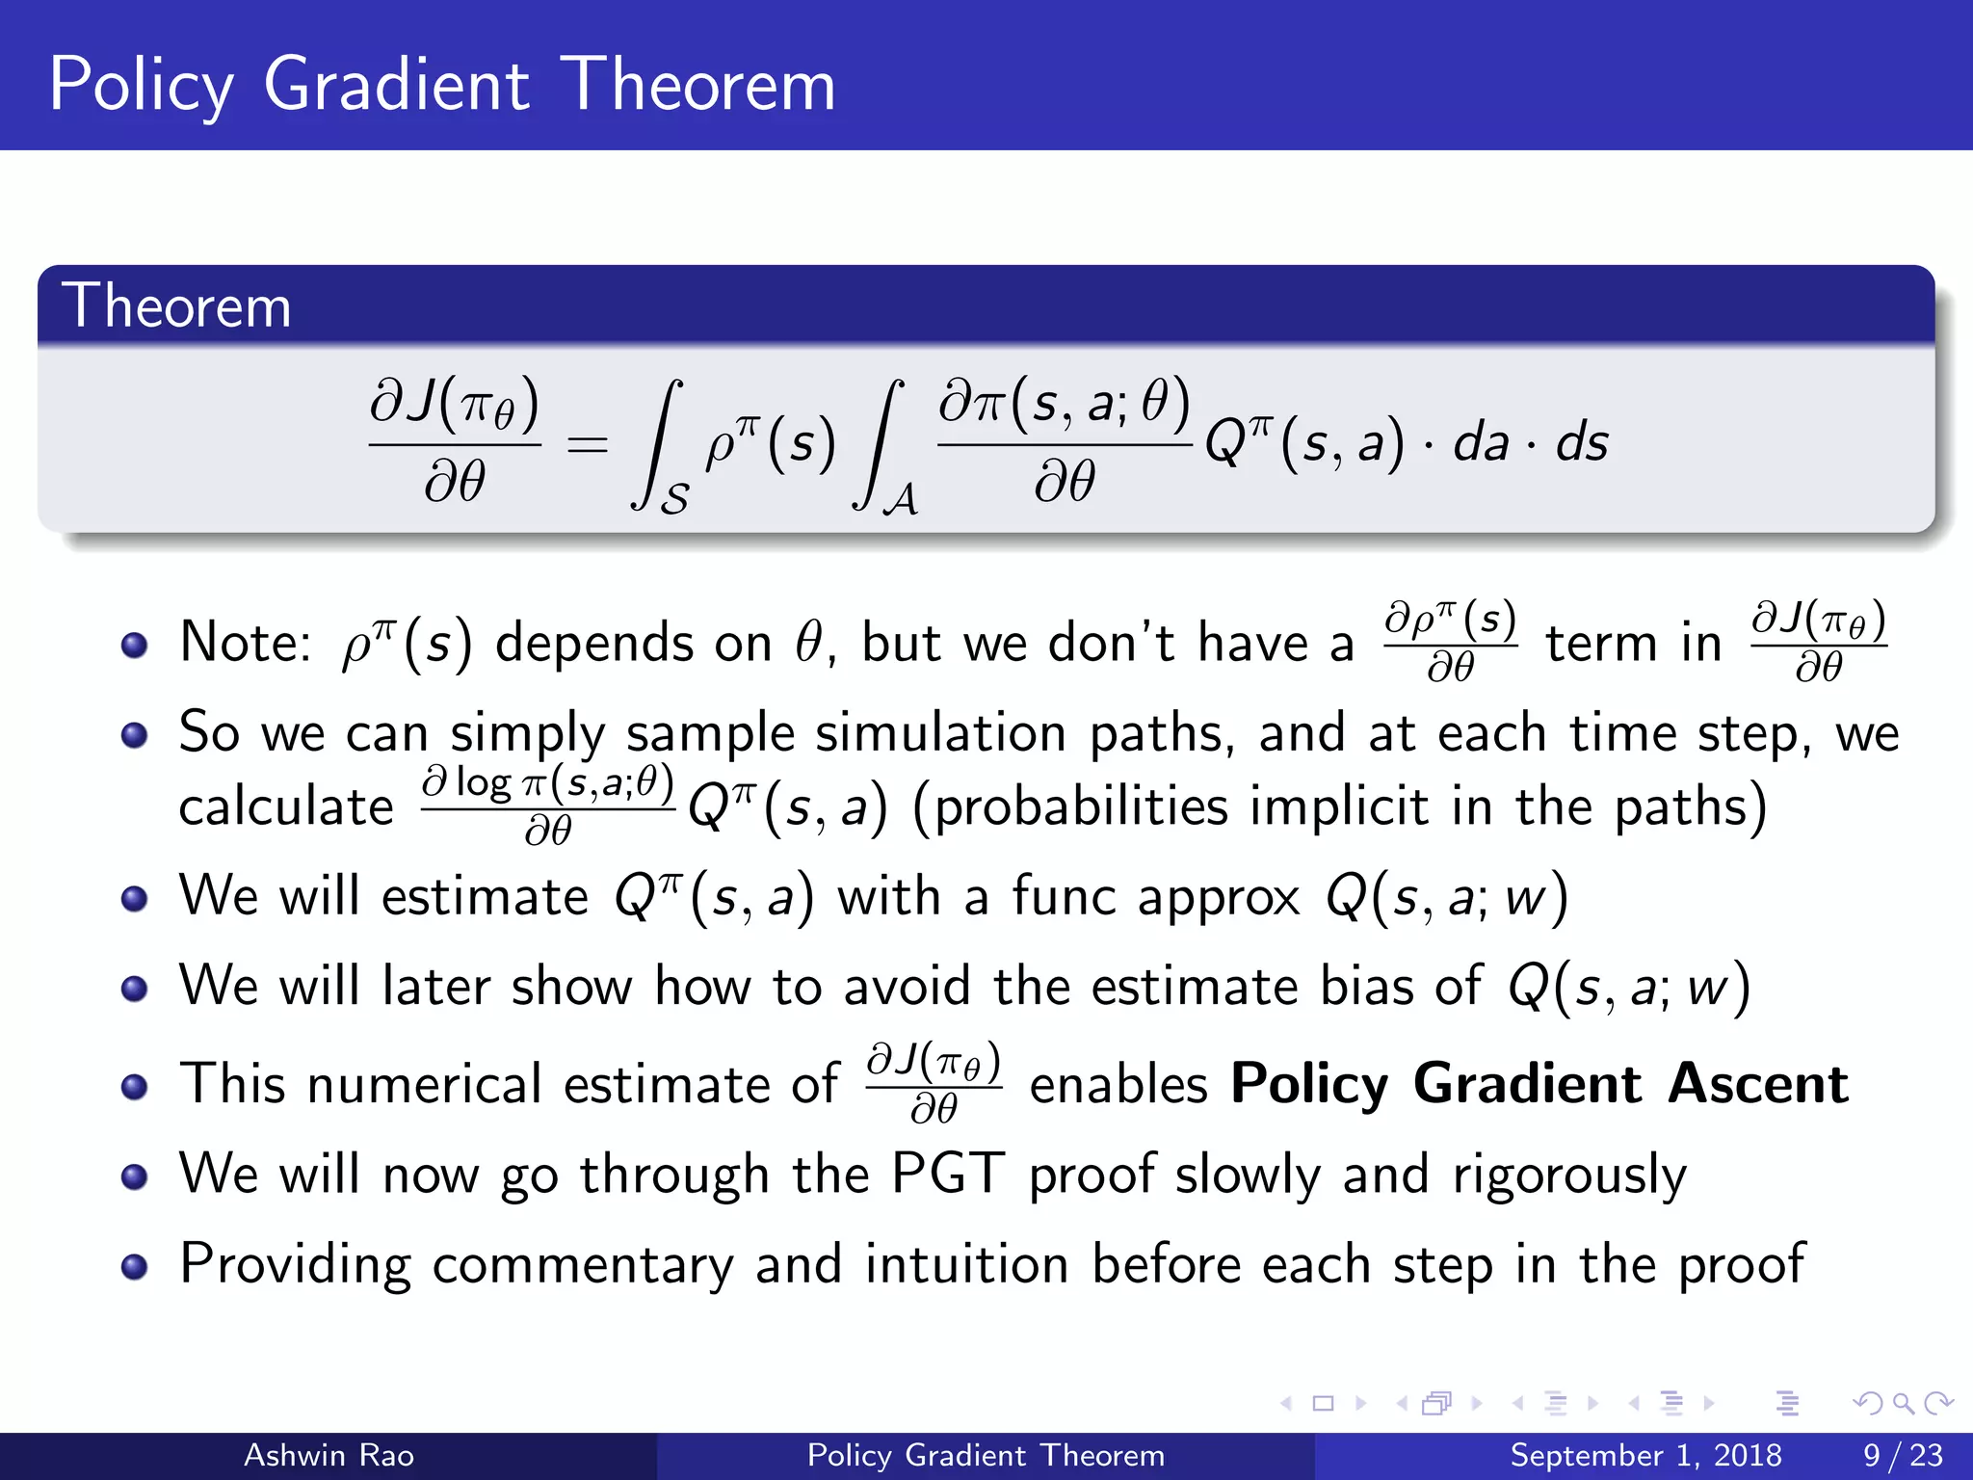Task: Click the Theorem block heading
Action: [x=176, y=306]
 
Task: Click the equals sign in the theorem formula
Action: [x=588, y=445]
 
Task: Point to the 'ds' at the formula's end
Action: [x=1582, y=443]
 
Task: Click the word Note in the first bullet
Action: [x=243, y=643]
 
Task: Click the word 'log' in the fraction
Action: [x=483, y=782]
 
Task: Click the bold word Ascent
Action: [x=1758, y=1084]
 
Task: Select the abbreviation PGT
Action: [x=948, y=1174]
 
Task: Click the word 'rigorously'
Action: [x=1569, y=1176]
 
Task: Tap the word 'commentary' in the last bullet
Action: [x=582, y=1265]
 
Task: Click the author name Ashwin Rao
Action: [x=329, y=1455]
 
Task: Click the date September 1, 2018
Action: [x=1645, y=1455]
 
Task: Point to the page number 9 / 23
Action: [x=1903, y=1455]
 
